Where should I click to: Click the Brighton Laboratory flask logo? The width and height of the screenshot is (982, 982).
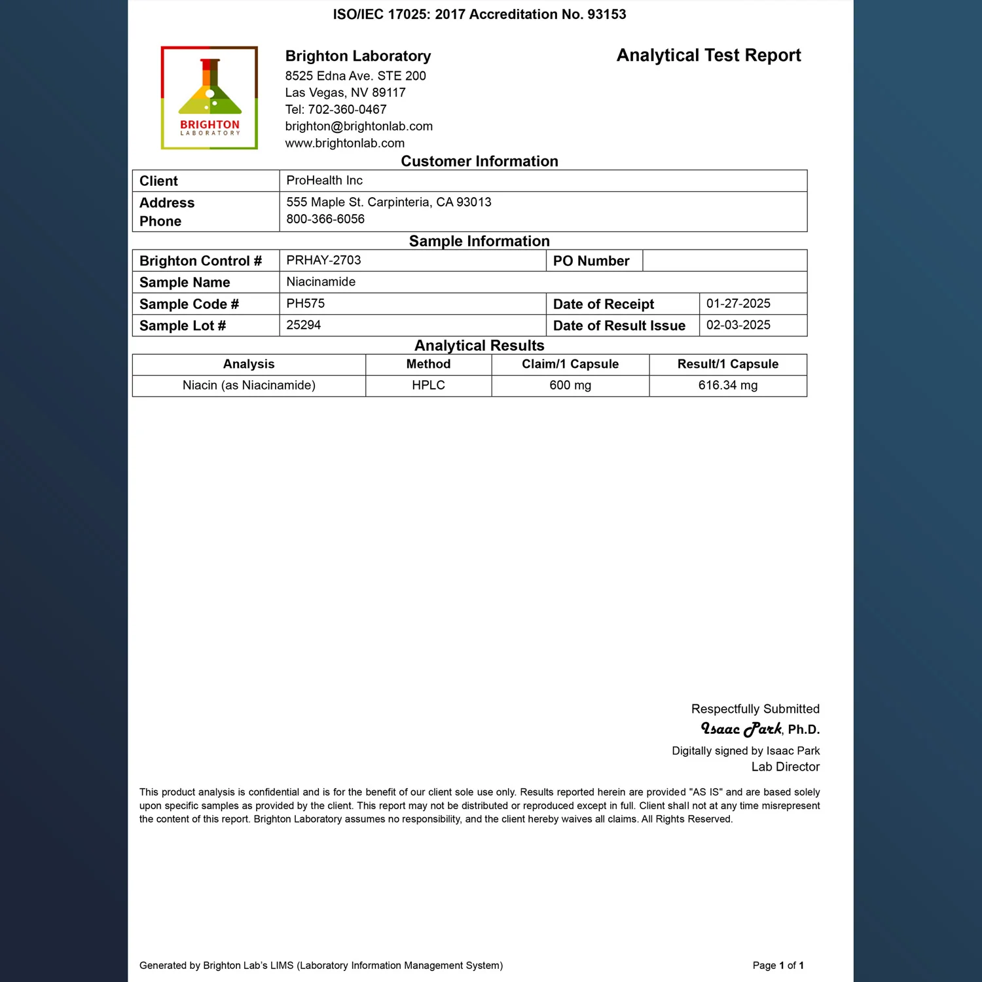209,98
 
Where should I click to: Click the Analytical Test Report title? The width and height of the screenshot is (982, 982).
708,56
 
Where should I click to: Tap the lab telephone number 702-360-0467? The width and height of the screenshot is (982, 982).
347,110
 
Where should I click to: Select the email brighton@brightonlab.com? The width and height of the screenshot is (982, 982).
359,126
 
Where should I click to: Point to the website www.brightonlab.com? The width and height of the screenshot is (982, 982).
344,143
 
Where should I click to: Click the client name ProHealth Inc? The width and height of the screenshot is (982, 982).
324,181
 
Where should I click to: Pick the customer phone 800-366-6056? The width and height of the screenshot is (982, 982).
325,219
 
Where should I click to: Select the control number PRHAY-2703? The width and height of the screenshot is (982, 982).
323,261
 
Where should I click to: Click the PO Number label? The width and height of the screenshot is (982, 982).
591,261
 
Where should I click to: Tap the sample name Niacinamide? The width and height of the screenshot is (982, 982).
321,282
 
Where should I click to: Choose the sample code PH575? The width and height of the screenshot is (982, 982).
305,304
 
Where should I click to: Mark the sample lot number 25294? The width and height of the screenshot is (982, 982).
303,325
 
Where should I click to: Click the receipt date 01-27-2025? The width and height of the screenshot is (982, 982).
738,304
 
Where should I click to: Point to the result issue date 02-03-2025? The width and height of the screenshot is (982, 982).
738,325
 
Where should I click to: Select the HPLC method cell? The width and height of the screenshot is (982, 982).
428,386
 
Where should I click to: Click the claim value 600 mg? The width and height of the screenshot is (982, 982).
570,386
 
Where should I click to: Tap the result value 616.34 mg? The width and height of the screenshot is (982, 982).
727,386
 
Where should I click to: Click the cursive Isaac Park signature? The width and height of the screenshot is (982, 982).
741,729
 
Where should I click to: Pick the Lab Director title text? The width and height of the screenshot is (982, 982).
785,767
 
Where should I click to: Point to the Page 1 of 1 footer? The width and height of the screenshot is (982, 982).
778,966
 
